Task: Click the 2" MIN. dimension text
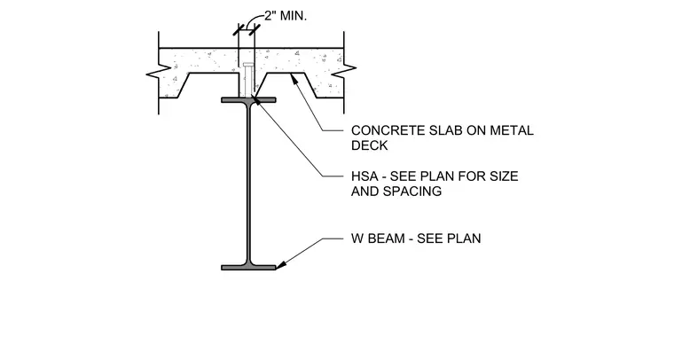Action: point(286,16)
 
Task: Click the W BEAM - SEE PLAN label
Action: point(416,239)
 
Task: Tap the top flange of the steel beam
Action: point(248,100)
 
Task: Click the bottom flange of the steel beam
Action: point(248,268)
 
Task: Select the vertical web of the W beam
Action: point(248,184)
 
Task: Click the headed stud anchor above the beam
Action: point(247,80)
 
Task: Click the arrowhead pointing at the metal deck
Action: point(294,79)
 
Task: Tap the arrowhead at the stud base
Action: point(256,101)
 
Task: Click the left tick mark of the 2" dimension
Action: point(239,30)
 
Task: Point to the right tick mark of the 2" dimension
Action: point(255,30)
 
